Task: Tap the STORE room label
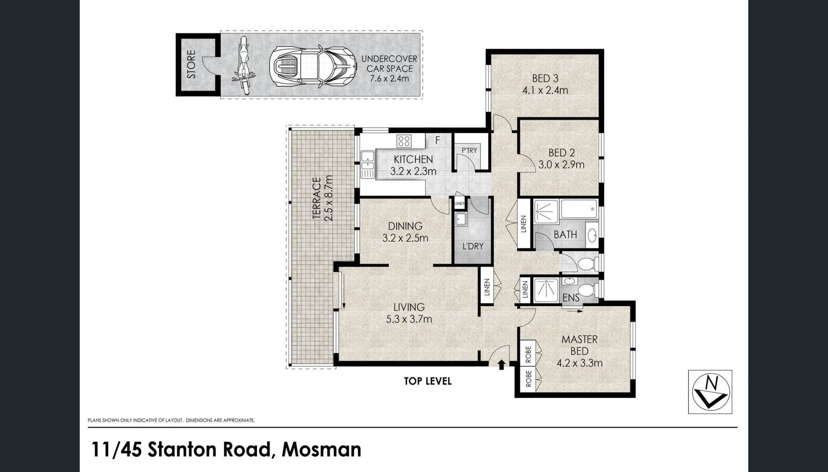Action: coord(191,65)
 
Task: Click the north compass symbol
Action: coord(710,392)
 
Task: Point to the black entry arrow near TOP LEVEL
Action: coord(502,365)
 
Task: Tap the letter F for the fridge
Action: coord(437,141)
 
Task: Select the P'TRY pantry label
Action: coord(469,150)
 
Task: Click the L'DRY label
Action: coord(473,247)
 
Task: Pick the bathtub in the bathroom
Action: coord(579,209)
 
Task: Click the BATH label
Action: coord(565,234)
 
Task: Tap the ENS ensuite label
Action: coord(571,297)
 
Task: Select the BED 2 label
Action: coord(561,153)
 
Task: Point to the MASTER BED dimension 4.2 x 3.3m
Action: coord(580,363)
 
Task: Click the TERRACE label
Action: coord(317,198)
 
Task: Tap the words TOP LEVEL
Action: coord(428,381)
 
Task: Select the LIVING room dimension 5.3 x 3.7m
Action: coord(409,319)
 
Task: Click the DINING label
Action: coord(405,226)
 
